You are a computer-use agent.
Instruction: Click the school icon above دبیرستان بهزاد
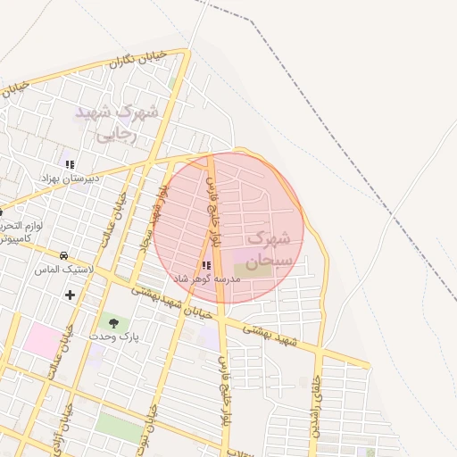[70, 164]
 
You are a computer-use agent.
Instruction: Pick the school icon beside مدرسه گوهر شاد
[207, 265]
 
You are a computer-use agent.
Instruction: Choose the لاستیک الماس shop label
[61, 269]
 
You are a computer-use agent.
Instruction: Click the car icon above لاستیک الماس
[62, 255]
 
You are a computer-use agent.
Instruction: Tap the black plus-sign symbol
[70, 295]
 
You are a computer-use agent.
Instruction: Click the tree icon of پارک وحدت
[113, 322]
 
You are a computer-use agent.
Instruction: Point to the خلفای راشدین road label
[314, 411]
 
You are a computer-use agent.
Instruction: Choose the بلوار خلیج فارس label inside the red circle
[214, 219]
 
